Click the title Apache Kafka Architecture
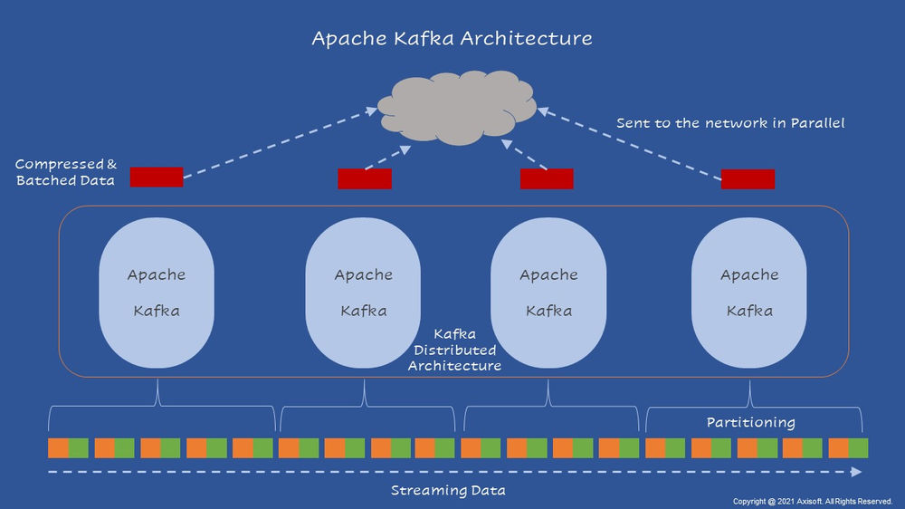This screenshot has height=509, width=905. coord(452,39)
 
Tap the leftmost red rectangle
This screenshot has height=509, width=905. coord(157,177)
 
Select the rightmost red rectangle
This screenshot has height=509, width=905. coord(748,179)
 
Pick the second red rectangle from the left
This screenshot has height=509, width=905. coord(365,179)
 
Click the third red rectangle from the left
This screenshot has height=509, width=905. coord(547,179)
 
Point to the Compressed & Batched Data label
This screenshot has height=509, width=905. coord(66,172)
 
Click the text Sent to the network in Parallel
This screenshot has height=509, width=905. coord(730,122)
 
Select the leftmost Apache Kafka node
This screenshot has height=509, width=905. coord(157,293)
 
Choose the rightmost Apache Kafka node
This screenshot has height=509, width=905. coord(749,293)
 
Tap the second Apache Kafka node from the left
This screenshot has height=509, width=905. coord(364,293)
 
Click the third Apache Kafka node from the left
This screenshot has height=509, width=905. coord(548,293)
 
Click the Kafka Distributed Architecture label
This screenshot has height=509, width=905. coord(454,350)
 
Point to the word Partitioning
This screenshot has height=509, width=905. coord(750,422)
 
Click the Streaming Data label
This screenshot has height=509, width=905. coord(448,490)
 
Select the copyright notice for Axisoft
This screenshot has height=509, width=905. coord(812,501)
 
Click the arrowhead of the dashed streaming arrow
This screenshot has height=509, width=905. coord(856,472)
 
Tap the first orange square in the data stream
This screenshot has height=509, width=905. coord(58,447)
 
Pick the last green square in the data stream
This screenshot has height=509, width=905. coord(858,447)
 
